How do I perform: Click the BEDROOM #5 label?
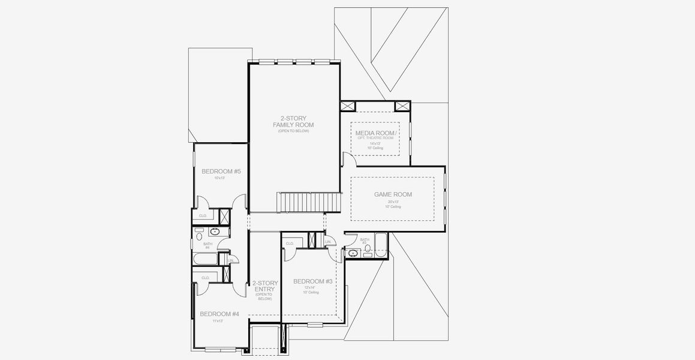tap(221, 172)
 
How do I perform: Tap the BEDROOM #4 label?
tap(219, 314)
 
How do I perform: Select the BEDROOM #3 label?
tap(312, 281)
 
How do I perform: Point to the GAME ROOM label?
tap(393, 194)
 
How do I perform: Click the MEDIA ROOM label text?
tap(375, 133)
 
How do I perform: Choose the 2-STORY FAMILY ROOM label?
tap(293, 122)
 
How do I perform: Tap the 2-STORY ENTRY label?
tap(264, 286)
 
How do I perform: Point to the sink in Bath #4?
tap(215, 232)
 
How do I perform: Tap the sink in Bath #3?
tap(353, 254)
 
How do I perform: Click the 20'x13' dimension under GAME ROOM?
tap(393, 202)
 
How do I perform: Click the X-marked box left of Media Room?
tap(348, 106)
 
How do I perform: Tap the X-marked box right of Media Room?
tap(402, 106)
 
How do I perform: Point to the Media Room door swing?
tap(347, 158)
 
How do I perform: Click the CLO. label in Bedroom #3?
tap(290, 243)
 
